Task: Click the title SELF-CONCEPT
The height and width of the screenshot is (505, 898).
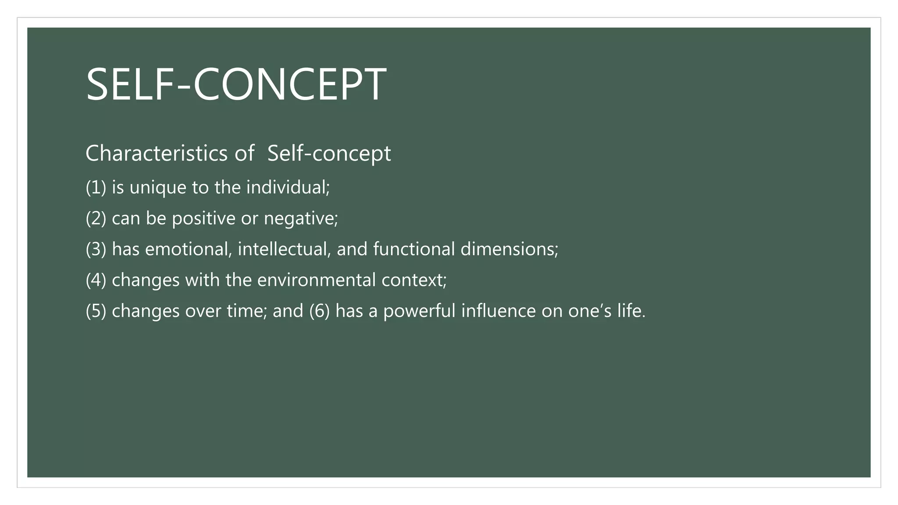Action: (x=236, y=84)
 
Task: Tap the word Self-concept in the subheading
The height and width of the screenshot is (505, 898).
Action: (x=329, y=153)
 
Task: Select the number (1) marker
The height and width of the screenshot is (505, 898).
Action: (x=96, y=188)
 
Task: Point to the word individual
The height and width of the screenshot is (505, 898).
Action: (x=287, y=188)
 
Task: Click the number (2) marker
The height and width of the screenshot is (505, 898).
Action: (x=96, y=218)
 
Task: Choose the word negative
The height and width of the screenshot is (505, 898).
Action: (x=300, y=218)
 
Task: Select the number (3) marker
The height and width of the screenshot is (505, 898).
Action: (x=96, y=249)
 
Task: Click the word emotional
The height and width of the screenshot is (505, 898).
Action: (x=188, y=249)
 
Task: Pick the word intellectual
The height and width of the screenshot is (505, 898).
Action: (x=284, y=249)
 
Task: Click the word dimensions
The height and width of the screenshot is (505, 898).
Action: (x=508, y=249)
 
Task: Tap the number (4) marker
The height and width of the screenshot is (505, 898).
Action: (x=96, y=280)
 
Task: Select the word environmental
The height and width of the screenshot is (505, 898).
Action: (x=316, y=280)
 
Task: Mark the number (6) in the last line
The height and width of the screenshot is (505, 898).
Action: (x=319, y=311)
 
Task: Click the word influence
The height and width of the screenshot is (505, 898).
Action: (x=498, y=311)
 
